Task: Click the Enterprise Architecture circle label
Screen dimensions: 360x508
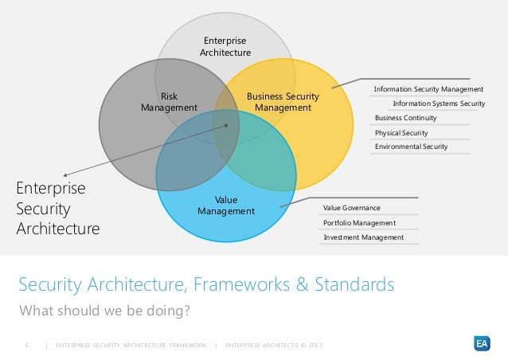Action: [225, 46]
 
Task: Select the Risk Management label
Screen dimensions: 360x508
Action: [169, 102]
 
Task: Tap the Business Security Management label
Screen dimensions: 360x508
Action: [283, 102]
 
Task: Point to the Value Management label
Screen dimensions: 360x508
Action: [226, 205]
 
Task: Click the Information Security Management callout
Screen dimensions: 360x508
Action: [428, 89]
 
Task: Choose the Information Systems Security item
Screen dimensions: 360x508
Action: [439, 104]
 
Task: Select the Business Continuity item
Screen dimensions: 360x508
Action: [405, 118]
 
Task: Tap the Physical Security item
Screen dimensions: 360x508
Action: [401, 132]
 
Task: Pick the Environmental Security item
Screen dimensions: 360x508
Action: [411, 147]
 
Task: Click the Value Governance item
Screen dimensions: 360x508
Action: [351, 208]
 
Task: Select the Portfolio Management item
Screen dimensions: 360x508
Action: [358, 223]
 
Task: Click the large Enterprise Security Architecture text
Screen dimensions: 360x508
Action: [57, 209]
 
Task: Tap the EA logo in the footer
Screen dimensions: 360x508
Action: [481, 343]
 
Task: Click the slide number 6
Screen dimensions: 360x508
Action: [27, 344]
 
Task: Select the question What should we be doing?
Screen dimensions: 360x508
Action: [104, 310]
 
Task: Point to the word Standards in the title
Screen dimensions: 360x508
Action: [352, 284]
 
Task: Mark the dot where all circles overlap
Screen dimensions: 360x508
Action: [227, 125]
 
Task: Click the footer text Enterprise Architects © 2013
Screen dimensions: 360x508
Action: [275, 344]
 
